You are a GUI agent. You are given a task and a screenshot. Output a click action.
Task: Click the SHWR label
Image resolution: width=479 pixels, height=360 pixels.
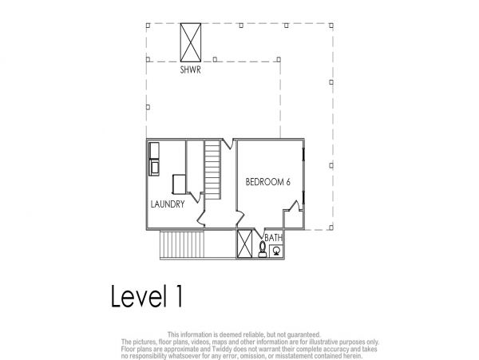190,70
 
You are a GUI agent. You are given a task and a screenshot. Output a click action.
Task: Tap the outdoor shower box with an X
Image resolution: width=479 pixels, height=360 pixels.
191,42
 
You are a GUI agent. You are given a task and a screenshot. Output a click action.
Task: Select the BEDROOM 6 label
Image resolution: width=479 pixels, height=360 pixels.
268,182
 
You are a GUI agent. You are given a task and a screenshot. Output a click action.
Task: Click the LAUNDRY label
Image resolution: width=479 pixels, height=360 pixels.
168,204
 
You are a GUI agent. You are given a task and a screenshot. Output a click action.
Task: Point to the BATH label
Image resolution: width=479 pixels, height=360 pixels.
273,238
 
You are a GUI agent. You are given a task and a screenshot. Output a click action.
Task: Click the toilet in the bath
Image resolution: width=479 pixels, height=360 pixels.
262,249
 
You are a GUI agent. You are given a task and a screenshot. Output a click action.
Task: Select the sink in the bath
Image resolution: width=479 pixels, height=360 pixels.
276,251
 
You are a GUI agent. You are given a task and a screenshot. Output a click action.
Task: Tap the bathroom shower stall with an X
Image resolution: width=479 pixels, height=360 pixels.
245,243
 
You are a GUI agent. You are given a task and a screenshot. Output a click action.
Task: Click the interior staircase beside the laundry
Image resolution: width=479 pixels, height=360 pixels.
212,169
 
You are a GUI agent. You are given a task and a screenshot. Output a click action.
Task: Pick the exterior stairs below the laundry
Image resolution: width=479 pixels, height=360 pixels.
182,245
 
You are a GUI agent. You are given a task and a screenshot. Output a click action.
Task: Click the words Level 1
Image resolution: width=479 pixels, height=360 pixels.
147,295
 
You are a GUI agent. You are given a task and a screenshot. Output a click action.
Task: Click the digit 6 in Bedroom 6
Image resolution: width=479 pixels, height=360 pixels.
287,182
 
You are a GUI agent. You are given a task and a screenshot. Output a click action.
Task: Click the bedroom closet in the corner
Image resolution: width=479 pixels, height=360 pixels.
294,220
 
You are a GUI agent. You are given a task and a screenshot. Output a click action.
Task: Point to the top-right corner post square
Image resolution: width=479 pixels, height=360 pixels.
331,26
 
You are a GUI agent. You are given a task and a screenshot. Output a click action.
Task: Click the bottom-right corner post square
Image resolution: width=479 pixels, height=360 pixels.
331,227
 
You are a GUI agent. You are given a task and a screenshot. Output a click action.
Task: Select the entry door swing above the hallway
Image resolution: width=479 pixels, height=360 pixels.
228,144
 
